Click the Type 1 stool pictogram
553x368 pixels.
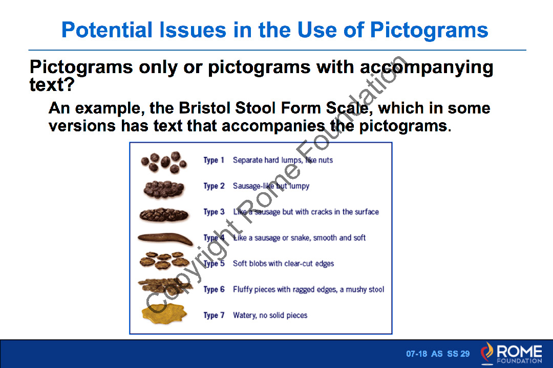click(164, 163)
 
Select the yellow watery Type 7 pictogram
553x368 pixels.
click(164, 313)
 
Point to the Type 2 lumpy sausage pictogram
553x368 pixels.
click(164, 189)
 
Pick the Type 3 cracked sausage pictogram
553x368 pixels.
click(164, 215)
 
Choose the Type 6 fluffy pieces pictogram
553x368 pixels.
click(165, 285)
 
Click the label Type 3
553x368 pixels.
click(214, 212)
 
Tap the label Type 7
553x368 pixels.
click(214, 315)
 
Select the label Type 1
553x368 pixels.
click(214, 160)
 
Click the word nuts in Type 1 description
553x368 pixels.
click(326, 160)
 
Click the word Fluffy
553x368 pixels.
click(243, 289)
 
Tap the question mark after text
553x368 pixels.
click(70, 84)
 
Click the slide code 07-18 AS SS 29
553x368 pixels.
click(438, 354)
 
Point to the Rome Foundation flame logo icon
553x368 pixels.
click(487, 353)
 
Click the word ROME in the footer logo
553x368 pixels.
click(520, 351)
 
